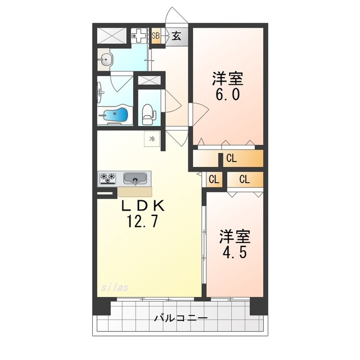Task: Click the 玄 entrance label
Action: click(176, 37)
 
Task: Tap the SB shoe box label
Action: click(156, 36)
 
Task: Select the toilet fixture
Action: click(148, 114)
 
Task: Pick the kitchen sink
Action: click(134, 178)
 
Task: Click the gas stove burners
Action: click(109, 178)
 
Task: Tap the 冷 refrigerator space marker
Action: click(152, 137)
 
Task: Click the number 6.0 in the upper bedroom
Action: click(227, 93)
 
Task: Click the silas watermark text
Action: click(115, 287)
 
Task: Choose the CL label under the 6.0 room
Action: click(231, 159)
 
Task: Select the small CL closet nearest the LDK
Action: click(214, 180)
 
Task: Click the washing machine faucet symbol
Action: click(138, 36)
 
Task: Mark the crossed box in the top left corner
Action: click(111, 35)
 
